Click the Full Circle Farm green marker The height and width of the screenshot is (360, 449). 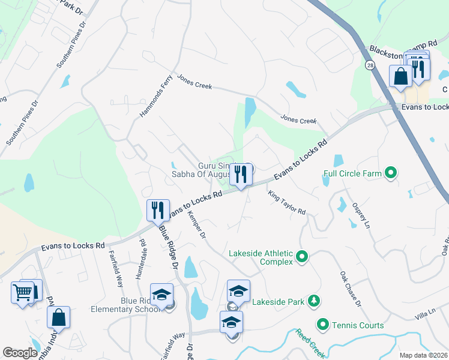[x=391, y=174]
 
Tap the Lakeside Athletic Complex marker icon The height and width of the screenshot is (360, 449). [x=302, y=257]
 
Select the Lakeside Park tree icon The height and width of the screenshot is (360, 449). [x=313, y=301]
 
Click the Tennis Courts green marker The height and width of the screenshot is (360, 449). [x=323, y=325]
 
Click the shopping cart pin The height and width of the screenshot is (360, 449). [x=22, y=293]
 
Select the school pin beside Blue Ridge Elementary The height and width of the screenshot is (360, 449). [x=161, y=295]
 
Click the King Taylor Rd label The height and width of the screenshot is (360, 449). [x=287, y=203]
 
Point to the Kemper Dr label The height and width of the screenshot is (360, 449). [x=197, y=224]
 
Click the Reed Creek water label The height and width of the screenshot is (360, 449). [x=311, y=344]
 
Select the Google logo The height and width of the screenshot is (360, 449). [x=20, y=353]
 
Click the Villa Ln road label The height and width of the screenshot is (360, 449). [x=423, y=314]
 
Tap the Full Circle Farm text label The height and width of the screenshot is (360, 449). [x=352, y=174]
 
